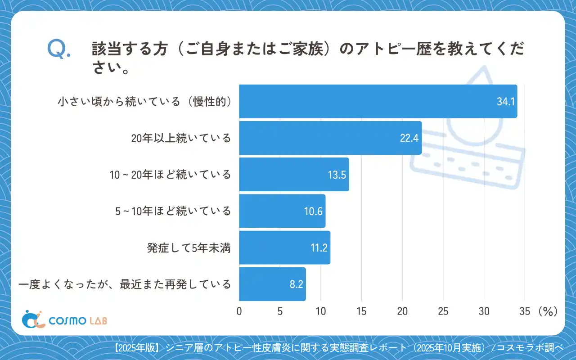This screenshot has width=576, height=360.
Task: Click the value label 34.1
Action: [x=505, y=102]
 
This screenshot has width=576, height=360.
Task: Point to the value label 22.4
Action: [x=409, y=138]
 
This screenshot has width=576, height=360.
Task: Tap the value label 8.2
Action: [x=296, y=284]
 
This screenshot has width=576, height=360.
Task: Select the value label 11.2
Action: [x=319, y=248]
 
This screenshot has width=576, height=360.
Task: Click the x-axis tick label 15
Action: [x=361, y=311]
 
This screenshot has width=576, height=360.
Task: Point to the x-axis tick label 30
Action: [x=484, y=311]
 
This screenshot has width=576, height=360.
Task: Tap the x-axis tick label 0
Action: [x=239, y=311]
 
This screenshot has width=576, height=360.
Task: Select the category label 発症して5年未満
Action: [x=189, y=248]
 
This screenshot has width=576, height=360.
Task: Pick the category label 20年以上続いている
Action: [x=181, y=138]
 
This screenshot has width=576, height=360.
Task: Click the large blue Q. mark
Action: [x=59, y=49]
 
